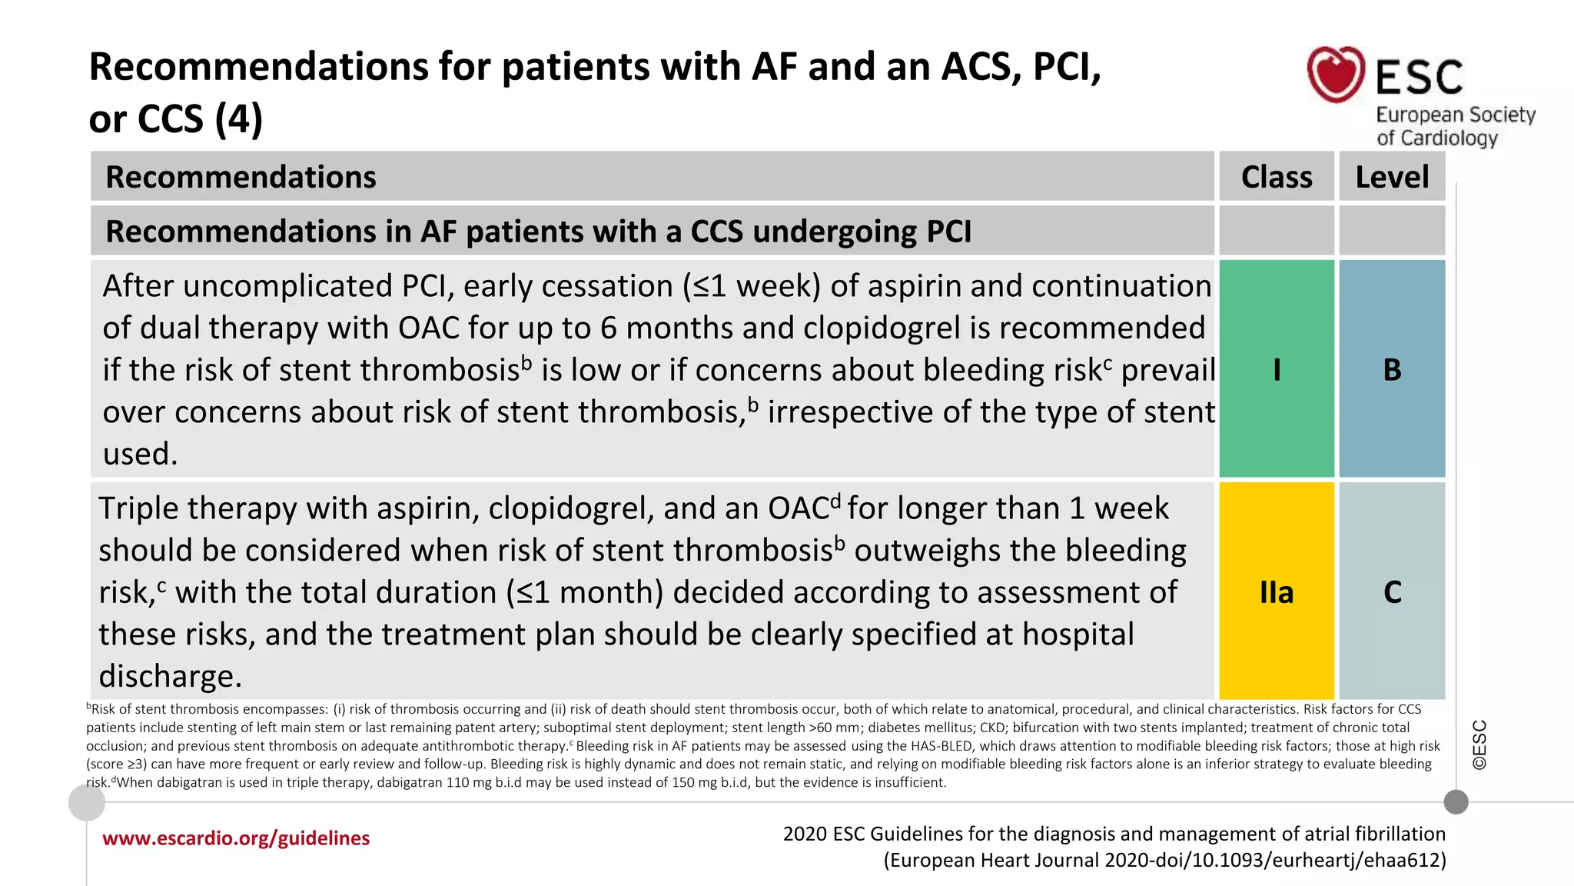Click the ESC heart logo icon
[x=1336, y=74]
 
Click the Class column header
[x=1277, y=177]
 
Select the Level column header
[x=1392, y=177]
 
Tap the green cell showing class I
[x=1277, y=369]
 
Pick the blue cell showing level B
[x=1392, y=369]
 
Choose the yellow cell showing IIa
[x=1277, y=591]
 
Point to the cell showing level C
[x=1392, y=591]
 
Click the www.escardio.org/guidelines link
[x=236, y=838]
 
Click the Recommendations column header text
[x=241, y=177]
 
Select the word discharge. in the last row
[x=170, y=676]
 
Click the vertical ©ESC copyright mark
[x=1479, y=744]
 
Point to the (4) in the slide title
[x=239, y=119]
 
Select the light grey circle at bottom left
[x=87, y=803]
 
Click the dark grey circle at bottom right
[x=1456, y=802]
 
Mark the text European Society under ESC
[x=1455, y=115]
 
